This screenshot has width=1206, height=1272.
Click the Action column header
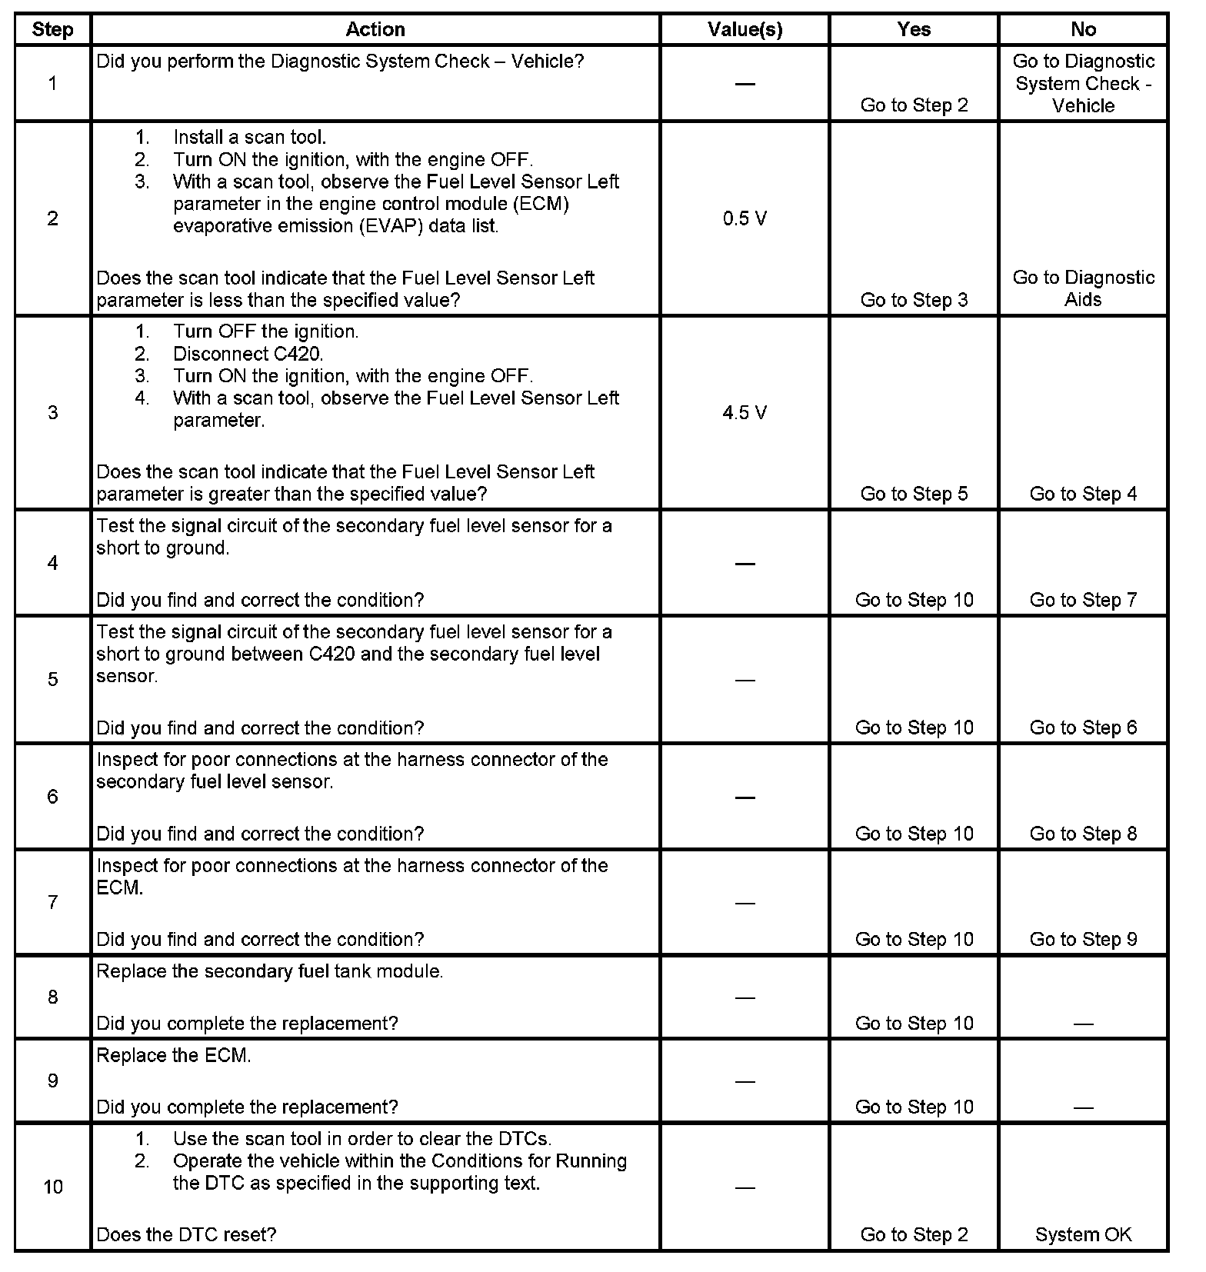(375, 29)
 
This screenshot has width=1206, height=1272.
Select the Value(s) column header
(745, 29)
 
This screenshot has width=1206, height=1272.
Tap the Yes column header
(914, 29)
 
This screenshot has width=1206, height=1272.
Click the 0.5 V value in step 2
(745, 219)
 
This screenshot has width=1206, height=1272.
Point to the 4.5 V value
(745, 413)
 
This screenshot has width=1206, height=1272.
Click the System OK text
(1083, 1234)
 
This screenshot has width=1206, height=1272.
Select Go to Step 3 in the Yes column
(914, 300)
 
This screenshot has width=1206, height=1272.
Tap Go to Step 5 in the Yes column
(914, 494)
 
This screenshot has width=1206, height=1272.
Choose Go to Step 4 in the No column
(1083, 494)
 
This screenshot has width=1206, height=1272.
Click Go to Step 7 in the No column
(1083, 600)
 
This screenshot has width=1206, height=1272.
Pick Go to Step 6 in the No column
(1083, 728)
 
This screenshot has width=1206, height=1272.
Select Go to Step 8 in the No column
(1083, 834)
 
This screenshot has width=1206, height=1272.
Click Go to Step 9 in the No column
(1083, 939)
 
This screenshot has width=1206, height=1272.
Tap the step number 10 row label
(52, 1187)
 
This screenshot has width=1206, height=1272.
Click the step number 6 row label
(52, 797)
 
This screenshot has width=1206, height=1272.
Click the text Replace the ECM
(174, 1056)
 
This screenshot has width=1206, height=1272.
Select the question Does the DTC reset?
(186, 1234)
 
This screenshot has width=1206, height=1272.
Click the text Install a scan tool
(249, 138)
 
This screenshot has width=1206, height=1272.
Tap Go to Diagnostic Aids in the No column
(1083, 288)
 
